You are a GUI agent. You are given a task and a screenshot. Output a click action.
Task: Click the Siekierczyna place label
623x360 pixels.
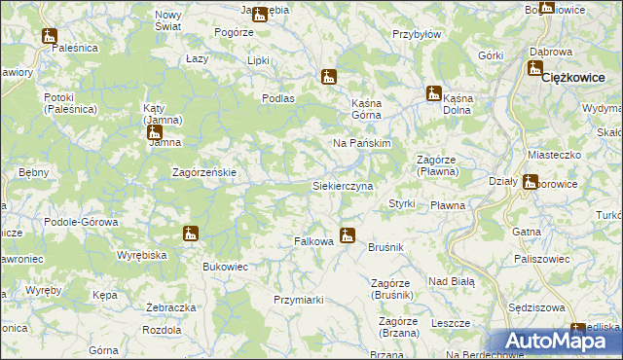(x=342, y=185)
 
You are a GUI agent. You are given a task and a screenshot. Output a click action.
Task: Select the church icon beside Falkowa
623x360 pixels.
(x=348, y=234)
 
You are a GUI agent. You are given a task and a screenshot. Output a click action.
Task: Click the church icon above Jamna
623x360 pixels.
(x=154, y=131)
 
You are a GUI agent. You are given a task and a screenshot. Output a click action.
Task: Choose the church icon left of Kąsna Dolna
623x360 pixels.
(x=432, y=93)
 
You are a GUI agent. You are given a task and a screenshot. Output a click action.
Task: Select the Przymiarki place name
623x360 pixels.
(x=298, y=300)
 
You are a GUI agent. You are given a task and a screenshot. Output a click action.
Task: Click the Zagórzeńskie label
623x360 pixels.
(x=204, y=172)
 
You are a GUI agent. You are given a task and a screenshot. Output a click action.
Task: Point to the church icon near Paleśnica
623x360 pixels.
(x=51, y=35)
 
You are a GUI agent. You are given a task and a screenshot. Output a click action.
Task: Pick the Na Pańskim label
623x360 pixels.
(x=361, y=143)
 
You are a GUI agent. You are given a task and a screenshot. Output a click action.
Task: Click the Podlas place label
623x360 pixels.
(x=278, y=98)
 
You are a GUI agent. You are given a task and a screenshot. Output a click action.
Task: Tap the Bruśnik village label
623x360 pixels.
(x=385, y=247)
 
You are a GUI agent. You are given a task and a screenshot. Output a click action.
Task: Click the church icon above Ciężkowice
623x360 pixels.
(x=534, y=67)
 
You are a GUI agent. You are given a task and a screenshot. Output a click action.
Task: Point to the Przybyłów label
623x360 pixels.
(x=417, y=33)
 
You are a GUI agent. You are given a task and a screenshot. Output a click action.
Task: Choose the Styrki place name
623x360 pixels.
(x=402, y=203)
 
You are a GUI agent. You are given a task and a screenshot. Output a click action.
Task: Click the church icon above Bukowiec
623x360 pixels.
(x=190, y=234)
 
